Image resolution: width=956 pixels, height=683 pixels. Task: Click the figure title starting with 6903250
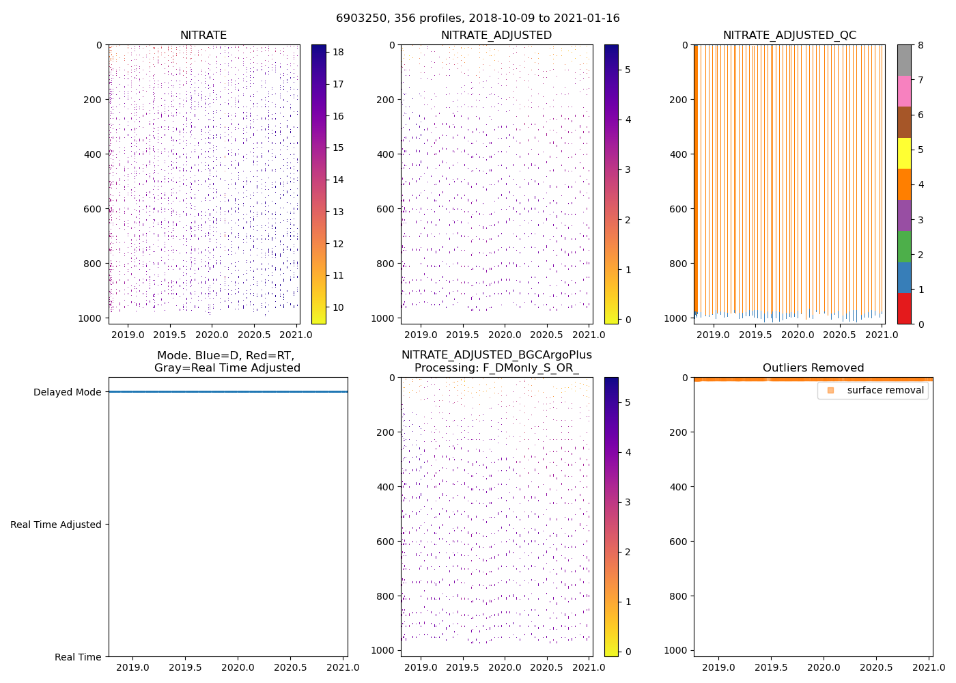click(477, 18)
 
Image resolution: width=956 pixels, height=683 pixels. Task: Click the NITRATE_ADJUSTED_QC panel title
click(789, 36)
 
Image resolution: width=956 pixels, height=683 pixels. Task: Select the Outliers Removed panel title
click(813, 368)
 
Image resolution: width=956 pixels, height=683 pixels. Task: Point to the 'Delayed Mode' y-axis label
click(67, 392)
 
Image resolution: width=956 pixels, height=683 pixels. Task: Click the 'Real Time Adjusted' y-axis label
click(55, 525)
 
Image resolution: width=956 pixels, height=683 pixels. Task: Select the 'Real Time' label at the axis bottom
click(78, 657)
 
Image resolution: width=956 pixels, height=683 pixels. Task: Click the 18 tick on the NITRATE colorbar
click(337, 53)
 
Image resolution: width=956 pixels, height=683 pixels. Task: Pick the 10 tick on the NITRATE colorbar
click(337, 307)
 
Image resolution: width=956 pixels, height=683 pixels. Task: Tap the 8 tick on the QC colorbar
click(920, 46)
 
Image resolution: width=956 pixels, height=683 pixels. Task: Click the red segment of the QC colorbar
click(903, 308)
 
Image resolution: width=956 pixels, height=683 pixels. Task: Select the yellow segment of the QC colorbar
click(903, 153)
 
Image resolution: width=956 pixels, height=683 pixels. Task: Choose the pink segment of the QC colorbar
click(903, 91)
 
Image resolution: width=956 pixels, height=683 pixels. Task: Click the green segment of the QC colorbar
click(903, 246)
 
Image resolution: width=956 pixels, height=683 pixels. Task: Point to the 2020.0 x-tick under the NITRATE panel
click(212, 335)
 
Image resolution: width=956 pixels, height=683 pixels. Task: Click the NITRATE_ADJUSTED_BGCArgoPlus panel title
click(496, 361)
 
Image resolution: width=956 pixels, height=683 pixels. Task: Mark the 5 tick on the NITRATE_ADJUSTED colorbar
click(627, 70)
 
